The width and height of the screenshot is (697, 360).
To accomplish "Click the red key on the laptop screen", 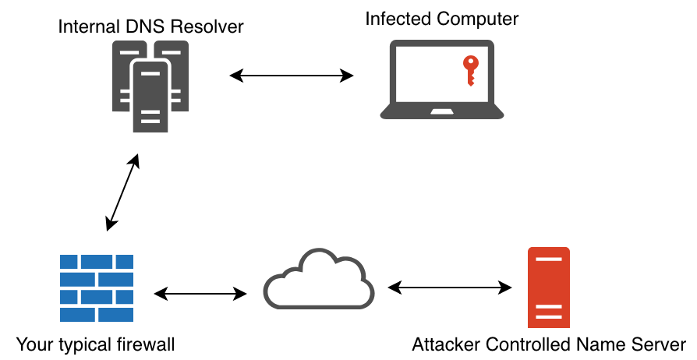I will [469, 70].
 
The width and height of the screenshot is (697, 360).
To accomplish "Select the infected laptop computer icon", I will [442, 80].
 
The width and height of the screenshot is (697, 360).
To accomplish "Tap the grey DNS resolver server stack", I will [150, 86].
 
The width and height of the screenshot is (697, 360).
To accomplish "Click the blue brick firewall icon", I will [97, 288].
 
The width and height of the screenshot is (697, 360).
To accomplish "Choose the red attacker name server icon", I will [548, 288].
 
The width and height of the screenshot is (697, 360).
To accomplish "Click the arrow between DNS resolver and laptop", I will [292, 76].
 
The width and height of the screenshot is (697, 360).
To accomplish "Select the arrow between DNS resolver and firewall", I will [122, 192].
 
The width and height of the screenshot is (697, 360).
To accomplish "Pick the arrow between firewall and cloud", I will [200, 294].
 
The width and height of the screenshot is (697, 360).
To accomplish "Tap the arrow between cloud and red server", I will [451, 287].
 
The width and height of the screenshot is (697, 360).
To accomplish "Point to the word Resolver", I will [213, 27].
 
